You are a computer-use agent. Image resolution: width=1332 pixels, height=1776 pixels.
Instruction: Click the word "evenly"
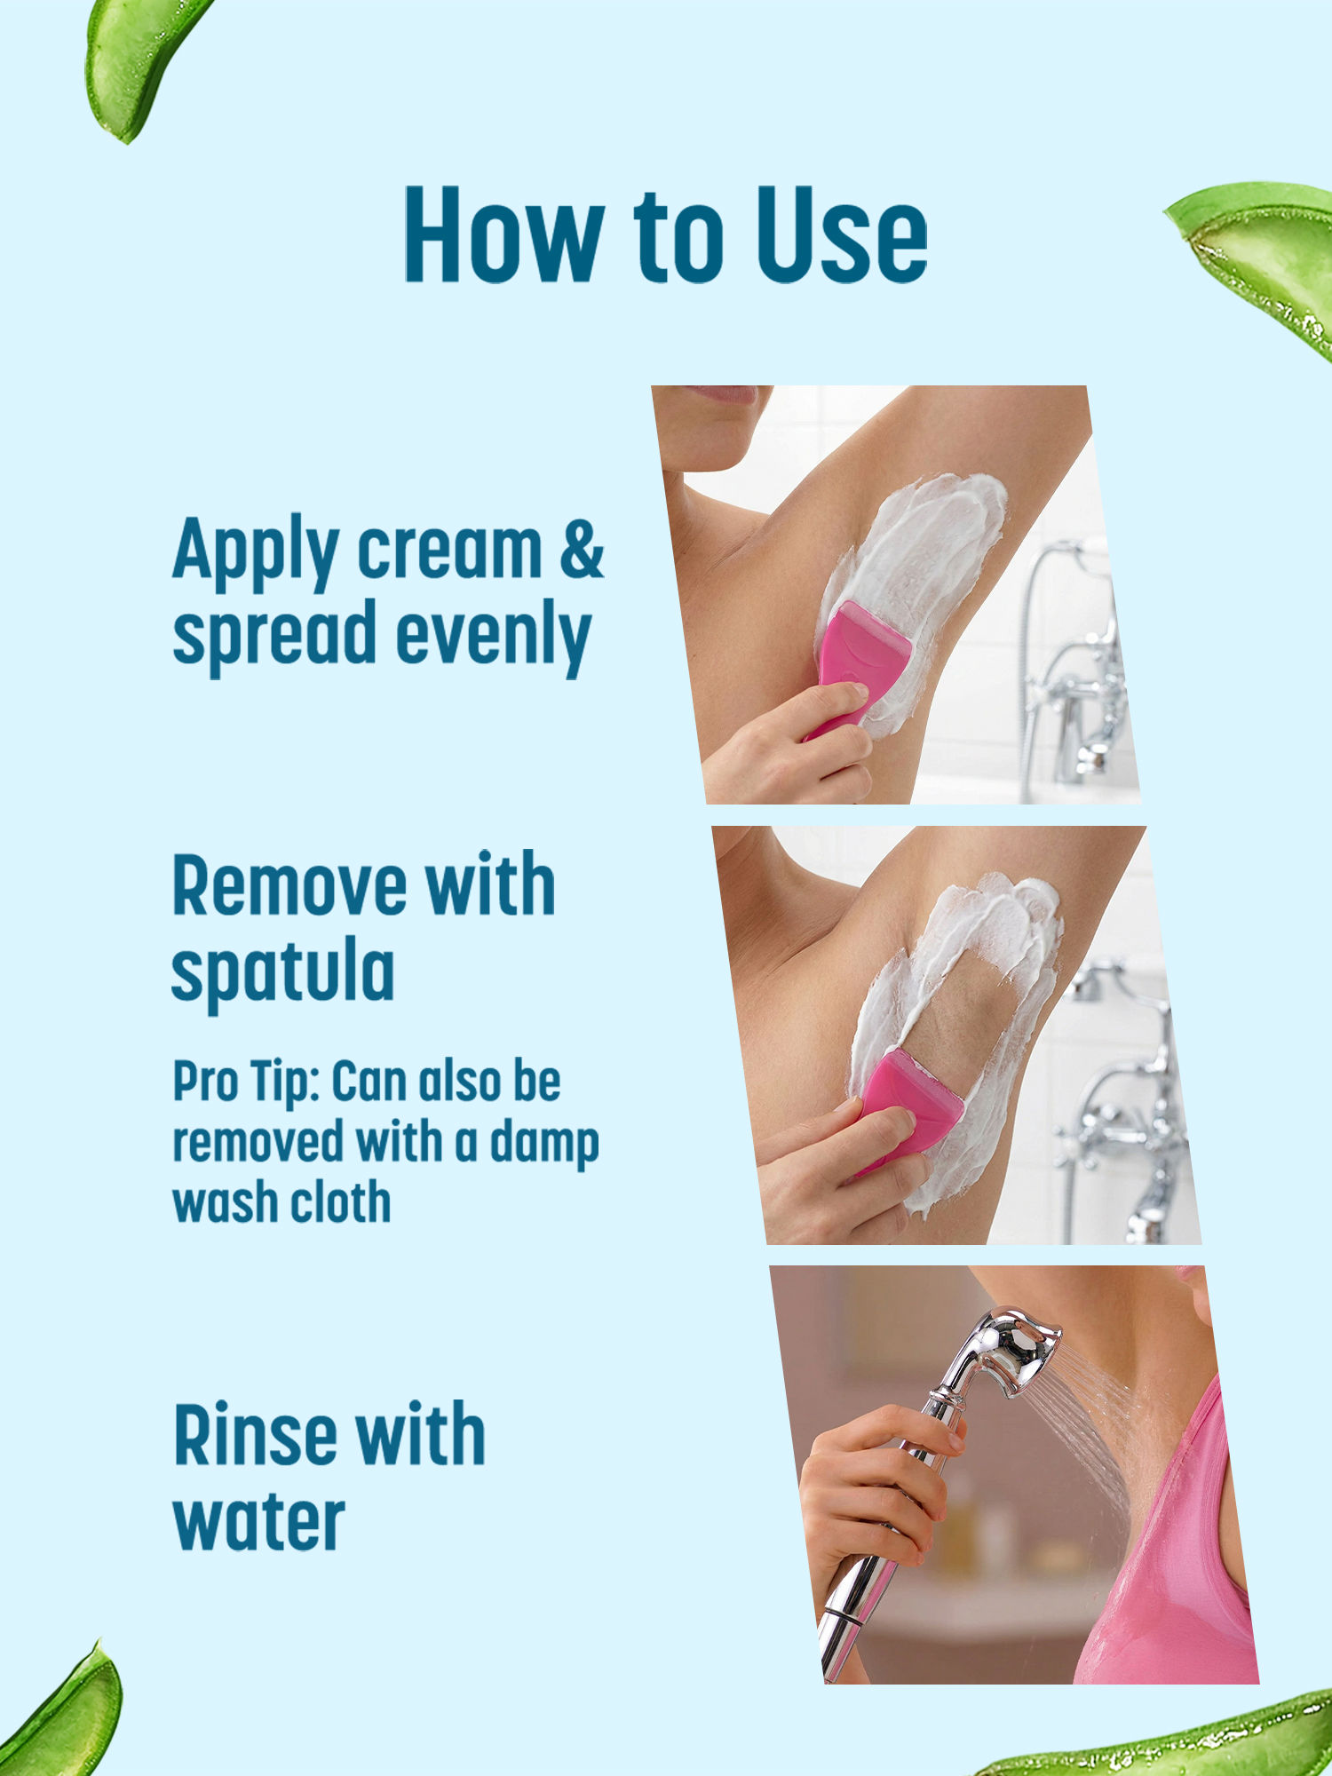494,636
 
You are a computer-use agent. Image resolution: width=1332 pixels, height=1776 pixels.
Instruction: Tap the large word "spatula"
282,973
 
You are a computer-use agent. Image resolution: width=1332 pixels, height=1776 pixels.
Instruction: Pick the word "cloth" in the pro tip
342,1202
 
